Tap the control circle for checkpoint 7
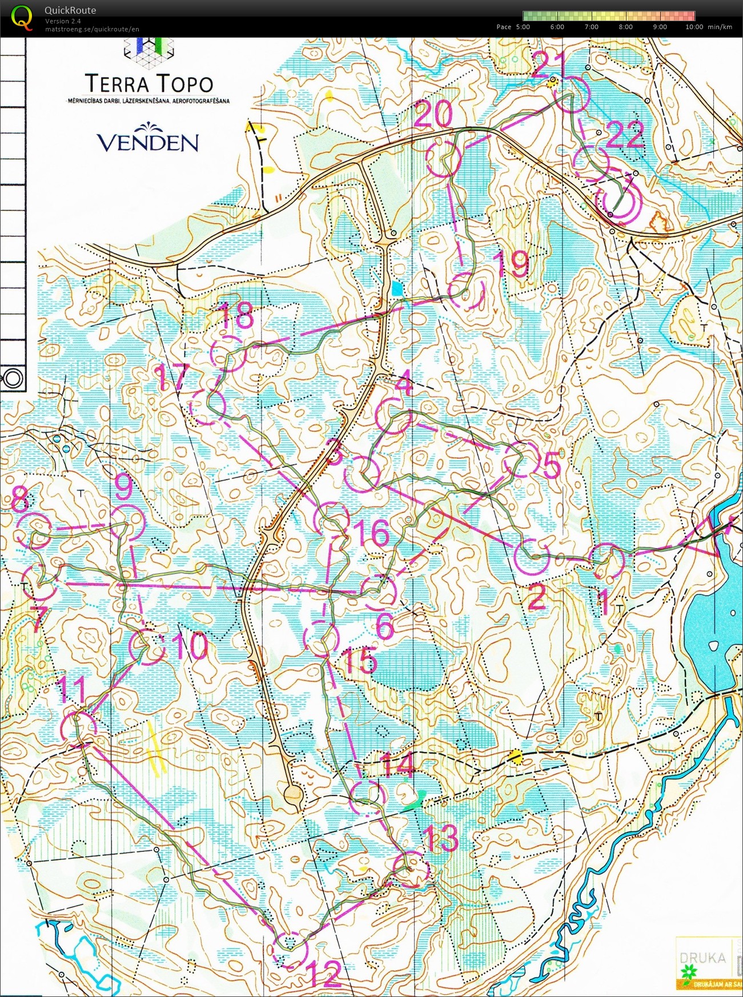pos(40,581)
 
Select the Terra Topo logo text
pos(149,84)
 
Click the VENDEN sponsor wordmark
pos(147,142)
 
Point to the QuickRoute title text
pos(70,10)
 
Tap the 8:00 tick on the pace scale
pos(625,27)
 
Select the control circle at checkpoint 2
pos(531,556)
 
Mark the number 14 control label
pos(396,765)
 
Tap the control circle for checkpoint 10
pos(147,647)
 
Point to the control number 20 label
pos(433,114)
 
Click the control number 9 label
pos(123,487)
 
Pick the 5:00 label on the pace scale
pos(523,27)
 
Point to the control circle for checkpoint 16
pos(332,518)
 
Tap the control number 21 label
pos(548,64)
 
